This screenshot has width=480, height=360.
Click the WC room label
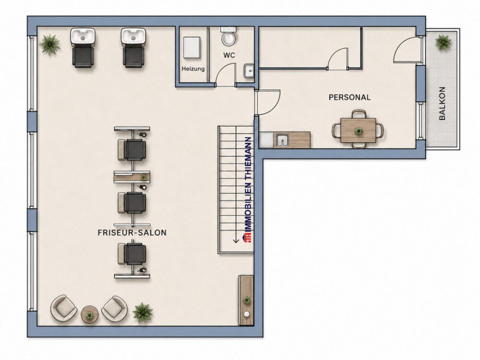point(229,55)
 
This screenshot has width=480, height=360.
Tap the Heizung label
point(193,69)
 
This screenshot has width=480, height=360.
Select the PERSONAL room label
point(349,98)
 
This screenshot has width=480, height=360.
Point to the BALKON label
point(442,103)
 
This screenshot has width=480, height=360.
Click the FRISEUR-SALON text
point(132,233)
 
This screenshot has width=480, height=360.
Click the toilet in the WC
point(229,36)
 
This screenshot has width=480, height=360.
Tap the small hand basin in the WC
point(249,71)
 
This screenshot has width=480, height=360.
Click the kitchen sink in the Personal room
point(282,140)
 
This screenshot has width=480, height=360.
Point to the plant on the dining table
point(358,131)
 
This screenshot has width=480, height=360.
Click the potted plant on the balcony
point(443,42)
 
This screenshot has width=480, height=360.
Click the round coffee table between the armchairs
point(89,315)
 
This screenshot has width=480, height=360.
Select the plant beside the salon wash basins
point(50,45)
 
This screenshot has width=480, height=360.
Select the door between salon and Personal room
point(269,102)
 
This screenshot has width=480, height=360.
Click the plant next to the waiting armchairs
point(142,312)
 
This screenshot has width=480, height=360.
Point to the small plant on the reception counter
point(246,300)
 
